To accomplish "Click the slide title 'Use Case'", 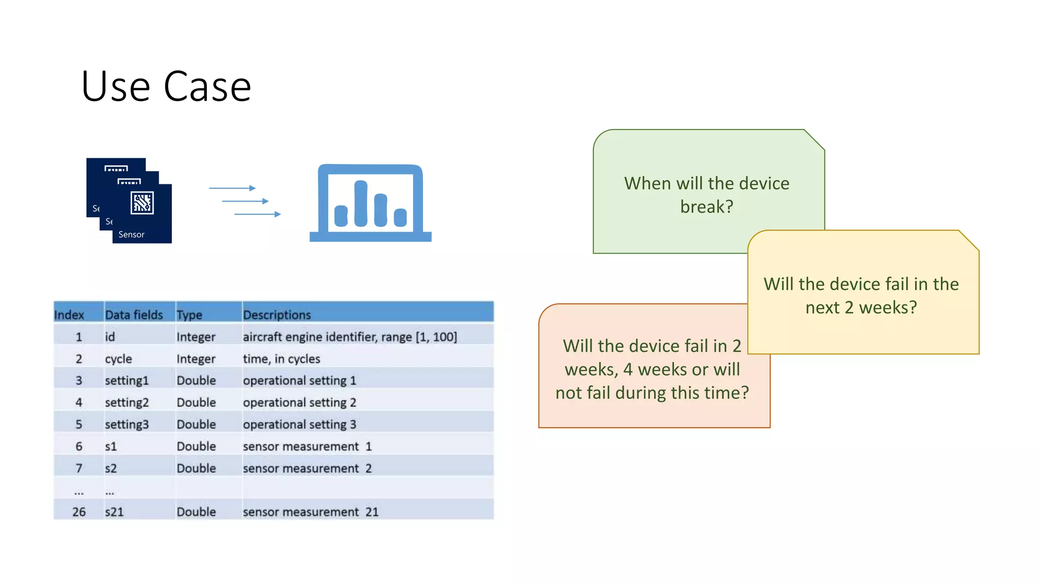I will click(x=166, y=87).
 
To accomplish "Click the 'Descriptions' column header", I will click(x=277, y=315).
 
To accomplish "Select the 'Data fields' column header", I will click(x=134, y=315).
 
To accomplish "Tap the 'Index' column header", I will click(x=69, y=315).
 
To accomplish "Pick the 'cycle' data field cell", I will click(x=118, y=359).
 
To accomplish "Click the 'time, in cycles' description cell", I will click(x=281, y=359).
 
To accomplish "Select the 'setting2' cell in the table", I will click(x=127, y=403).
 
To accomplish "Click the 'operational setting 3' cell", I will click(x=299, y=425).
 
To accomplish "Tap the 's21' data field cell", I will click(x=114, y=512).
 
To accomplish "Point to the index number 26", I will click(x=79, y=512).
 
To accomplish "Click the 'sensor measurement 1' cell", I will click(x=307, y=446).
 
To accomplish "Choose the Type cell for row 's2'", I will click(x=196, y=468).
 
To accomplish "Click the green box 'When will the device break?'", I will click(x=706, y=195).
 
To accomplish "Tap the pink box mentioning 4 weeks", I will click(x=652, y=369).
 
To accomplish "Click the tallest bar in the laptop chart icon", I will click(x=361, y=204).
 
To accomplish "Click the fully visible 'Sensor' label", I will click(x=131, y=235).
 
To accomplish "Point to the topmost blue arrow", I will click(x=232, y=188).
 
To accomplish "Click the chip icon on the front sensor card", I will click(x=142, y=203).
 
